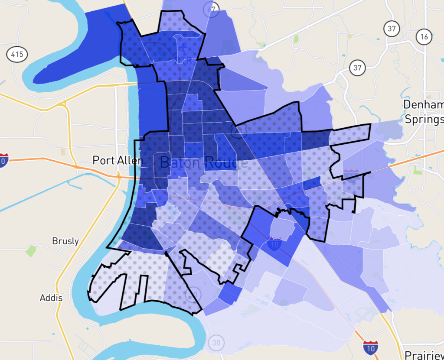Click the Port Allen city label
tap(118, 160)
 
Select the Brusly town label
tap(65, 241)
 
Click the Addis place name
tap(51, 298)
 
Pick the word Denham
tap(423, 104)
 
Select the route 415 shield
tap(17, 54)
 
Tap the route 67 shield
tap(212, 8)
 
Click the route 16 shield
tap(424, 37)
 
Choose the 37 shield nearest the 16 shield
tap(392, 29)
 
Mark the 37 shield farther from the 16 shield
tap(357, 68)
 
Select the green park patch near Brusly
tap(31, 250)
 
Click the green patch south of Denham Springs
tap(417, 170)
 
